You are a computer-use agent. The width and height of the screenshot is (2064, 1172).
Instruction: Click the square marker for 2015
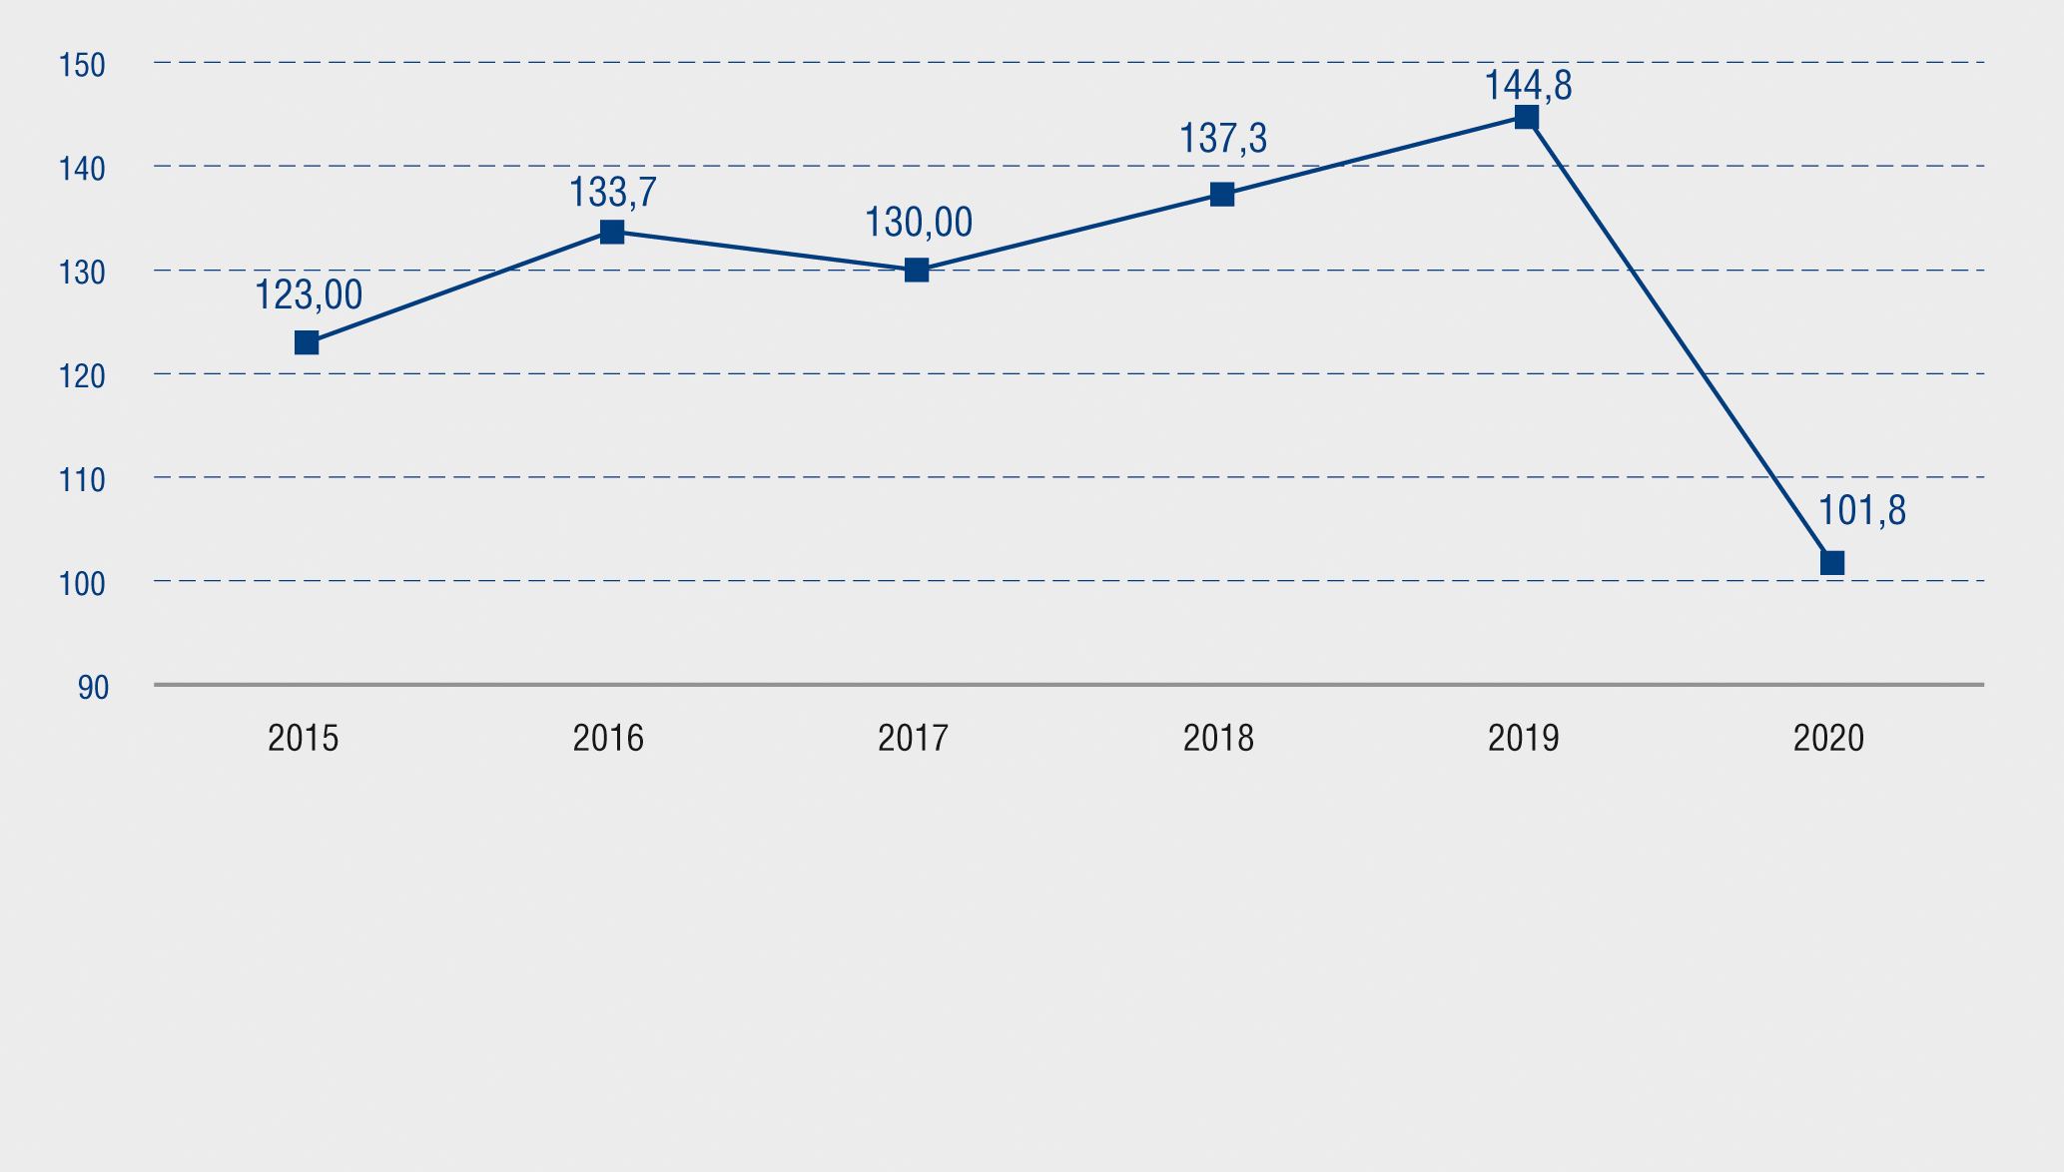click(x=307, y=343)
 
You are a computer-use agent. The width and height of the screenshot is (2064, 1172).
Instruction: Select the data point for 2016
click(x=612, y=233)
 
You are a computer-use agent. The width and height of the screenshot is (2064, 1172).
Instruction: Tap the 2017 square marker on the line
click(x=917, y=271)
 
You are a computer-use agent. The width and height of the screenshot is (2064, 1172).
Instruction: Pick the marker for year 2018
click(x=1222, y=195)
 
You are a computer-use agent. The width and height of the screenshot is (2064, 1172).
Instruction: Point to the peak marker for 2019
click(x=1527, y=118)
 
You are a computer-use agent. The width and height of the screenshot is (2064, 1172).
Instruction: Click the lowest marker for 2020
click(x=1832, y=563)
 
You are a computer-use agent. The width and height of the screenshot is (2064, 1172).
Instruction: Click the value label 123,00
click(x=309, y=296)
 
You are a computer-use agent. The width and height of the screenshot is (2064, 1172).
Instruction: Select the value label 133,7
click(x=613, y=193)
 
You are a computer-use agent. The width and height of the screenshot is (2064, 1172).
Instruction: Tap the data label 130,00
click(x=918, y=223)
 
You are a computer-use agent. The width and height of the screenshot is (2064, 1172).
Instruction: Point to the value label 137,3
click(x=1223, y=139)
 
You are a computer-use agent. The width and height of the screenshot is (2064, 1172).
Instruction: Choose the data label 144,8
click(x=1528, y=87)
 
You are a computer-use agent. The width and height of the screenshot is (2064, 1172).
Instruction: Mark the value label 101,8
click(x=1861, y=511)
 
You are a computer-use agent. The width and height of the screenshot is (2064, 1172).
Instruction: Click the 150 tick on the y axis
click(x=82, y=66)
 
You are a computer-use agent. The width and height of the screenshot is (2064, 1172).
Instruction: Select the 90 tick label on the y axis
click(x=93, y=688)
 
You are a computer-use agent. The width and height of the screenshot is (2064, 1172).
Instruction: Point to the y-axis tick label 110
click(x=82, y=481)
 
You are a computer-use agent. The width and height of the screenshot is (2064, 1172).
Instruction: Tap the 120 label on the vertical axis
click(x=82, y=377)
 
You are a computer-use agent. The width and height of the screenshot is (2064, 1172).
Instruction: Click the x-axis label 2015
click(x=304, y=739)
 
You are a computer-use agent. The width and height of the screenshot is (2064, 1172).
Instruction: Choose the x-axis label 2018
click(x=1218, y=739)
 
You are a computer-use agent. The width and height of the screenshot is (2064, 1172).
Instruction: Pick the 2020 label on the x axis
click(x=1828, y=739)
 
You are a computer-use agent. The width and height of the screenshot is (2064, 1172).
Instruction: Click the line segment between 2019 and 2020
click(x=1680, y=340)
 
